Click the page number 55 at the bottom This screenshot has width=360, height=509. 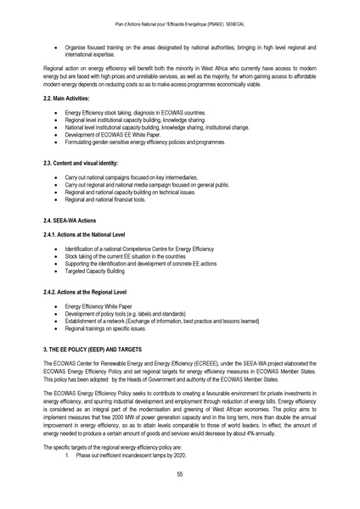click(x=180, y=473)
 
